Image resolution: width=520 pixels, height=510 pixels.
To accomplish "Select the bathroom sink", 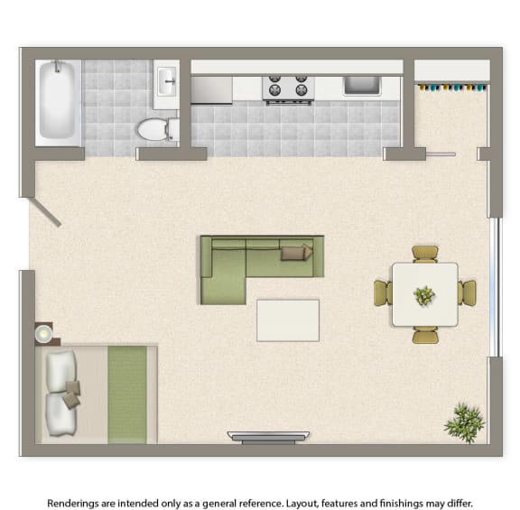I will click(x=166, y=83).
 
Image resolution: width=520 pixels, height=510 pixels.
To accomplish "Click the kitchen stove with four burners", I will click(x=287, y=88).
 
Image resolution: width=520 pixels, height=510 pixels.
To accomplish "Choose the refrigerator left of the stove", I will click(x=211, y=89).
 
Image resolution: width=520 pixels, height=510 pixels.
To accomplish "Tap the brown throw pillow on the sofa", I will click(x=295, y=252).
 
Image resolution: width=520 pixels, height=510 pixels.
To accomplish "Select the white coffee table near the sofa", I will click(x=288, y=320).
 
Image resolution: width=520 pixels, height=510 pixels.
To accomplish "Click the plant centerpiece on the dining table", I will click(x=424, y=294).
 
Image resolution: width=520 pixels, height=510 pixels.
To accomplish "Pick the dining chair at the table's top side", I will click(x=424, y=254).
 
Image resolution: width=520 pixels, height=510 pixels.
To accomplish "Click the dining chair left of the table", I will click(x=383, y=293).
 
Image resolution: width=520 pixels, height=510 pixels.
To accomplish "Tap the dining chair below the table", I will click(x=425, y=335).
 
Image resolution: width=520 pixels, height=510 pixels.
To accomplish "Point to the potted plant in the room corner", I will click(x=464, y=421).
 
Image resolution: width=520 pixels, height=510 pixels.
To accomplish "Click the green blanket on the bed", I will click(x=127, y=394).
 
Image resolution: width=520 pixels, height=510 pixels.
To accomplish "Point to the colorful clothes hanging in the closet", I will click(x=450, y=88).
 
